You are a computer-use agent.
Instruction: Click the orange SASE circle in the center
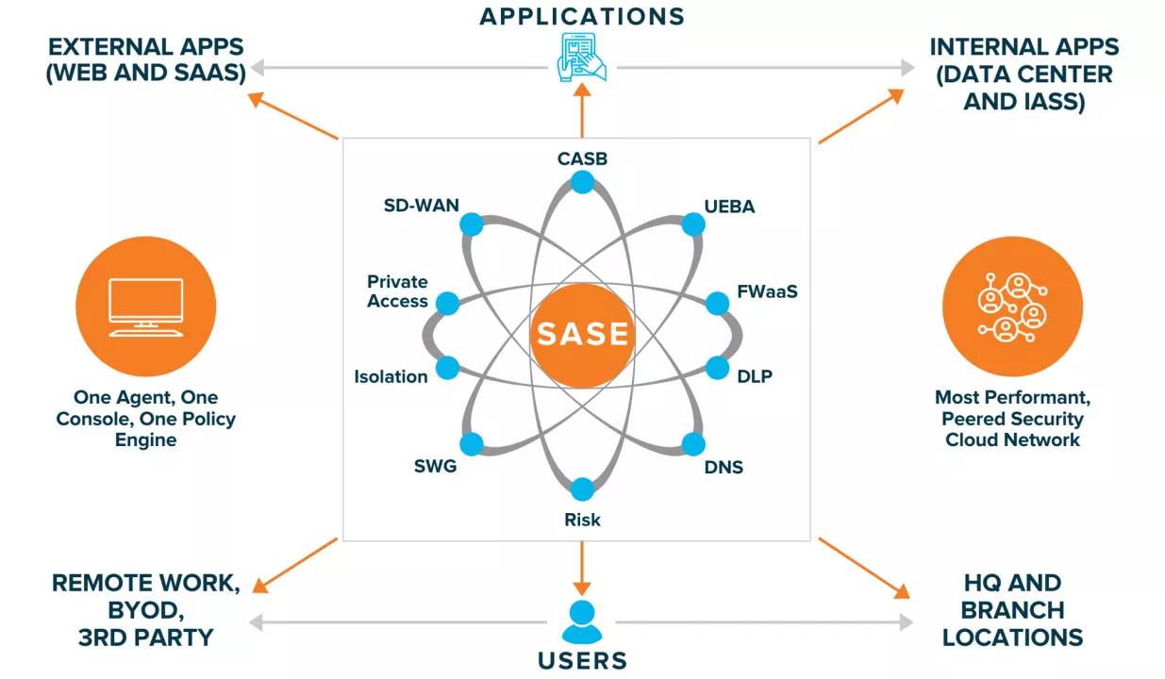(x=582, y=335)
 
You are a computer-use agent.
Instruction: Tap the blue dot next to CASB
(x=582, y=182)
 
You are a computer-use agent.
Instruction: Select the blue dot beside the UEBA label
(x=693, y=224)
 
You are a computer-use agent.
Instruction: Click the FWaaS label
(x=767, y=291)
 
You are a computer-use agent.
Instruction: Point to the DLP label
(x=755, y=377)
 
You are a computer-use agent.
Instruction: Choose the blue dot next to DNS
(x=693, y=444)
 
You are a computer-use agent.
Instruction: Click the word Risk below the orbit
(x=582, y=520)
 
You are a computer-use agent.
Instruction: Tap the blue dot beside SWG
(x=471, y=444)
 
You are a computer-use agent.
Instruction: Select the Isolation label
(x=391, y=377)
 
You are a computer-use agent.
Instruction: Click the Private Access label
(x=397, y=291)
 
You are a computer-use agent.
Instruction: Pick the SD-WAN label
(x=421, y=205)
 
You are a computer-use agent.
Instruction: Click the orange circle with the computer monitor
(x=145, y=306)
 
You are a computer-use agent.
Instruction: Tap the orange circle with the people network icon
(x=1013, y=306)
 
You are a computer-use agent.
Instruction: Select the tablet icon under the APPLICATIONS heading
(x=581, y=57)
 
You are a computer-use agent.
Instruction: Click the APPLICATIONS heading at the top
(x=582, y=16)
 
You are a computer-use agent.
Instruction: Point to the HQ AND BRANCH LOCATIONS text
(x=1012, y=610)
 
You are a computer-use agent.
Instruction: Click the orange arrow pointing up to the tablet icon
(x=582, y=109)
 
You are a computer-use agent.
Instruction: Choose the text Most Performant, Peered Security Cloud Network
(x=1013, y=419)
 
